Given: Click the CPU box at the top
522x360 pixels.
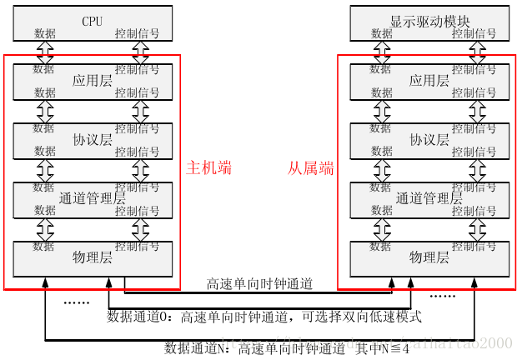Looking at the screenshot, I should (x=92, y=22).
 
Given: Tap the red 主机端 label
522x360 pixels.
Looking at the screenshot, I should (x=208, y=168).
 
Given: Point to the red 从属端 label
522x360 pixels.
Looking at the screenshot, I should (x=311, y=168).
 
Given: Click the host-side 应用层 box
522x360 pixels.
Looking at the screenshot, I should (x=92, y=81).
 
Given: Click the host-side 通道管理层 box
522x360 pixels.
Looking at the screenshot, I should (x=92, y=199).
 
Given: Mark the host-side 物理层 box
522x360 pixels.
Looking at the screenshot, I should (x=92, y=258).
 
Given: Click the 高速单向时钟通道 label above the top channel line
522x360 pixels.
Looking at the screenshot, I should (x=259, y=284).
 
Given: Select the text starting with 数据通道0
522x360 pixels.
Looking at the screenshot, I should (x=264, y=317).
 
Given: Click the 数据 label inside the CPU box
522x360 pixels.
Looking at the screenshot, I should (x=45, y=34).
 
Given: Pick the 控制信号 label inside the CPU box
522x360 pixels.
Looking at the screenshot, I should (x=137, y=34).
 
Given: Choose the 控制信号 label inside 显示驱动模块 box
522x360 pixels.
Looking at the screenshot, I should (x=474, y=34).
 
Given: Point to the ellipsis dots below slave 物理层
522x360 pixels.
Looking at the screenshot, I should (x=442, y=295).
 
